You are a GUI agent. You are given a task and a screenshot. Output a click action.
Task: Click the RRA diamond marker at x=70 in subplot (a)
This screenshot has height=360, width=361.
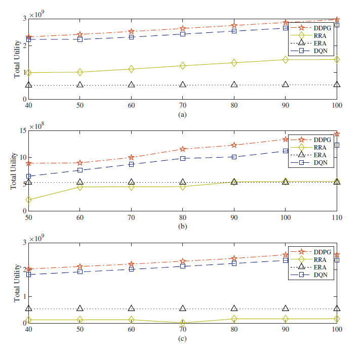click(183, 66)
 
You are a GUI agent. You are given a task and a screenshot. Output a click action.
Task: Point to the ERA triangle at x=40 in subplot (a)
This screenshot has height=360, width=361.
click(29, 84)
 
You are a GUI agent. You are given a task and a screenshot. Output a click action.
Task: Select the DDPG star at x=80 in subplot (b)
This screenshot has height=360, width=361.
click(183, 149)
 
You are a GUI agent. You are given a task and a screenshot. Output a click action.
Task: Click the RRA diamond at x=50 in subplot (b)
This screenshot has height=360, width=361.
click(29, 200)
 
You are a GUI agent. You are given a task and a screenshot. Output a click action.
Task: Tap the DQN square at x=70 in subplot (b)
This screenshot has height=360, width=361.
click(132, 164)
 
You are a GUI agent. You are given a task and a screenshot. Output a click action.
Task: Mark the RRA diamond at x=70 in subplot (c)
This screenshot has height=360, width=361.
click(183, 323)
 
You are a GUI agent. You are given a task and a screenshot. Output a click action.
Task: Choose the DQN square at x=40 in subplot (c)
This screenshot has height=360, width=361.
click(29, 275)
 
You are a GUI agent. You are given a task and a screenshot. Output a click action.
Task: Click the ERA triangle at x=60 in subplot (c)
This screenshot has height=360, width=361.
click(132, 308)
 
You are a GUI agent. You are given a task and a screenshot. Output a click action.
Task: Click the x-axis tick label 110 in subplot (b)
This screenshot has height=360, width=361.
click(337, 217)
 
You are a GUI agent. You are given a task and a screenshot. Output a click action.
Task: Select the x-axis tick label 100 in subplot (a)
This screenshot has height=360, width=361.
click(337, 105)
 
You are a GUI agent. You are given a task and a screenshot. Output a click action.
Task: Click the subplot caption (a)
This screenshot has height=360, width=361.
click(183, 115)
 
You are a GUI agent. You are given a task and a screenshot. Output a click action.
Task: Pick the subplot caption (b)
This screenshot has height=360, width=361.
click(183, 227)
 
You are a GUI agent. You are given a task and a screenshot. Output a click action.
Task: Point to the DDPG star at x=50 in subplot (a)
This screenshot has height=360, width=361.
click(80, 35)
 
